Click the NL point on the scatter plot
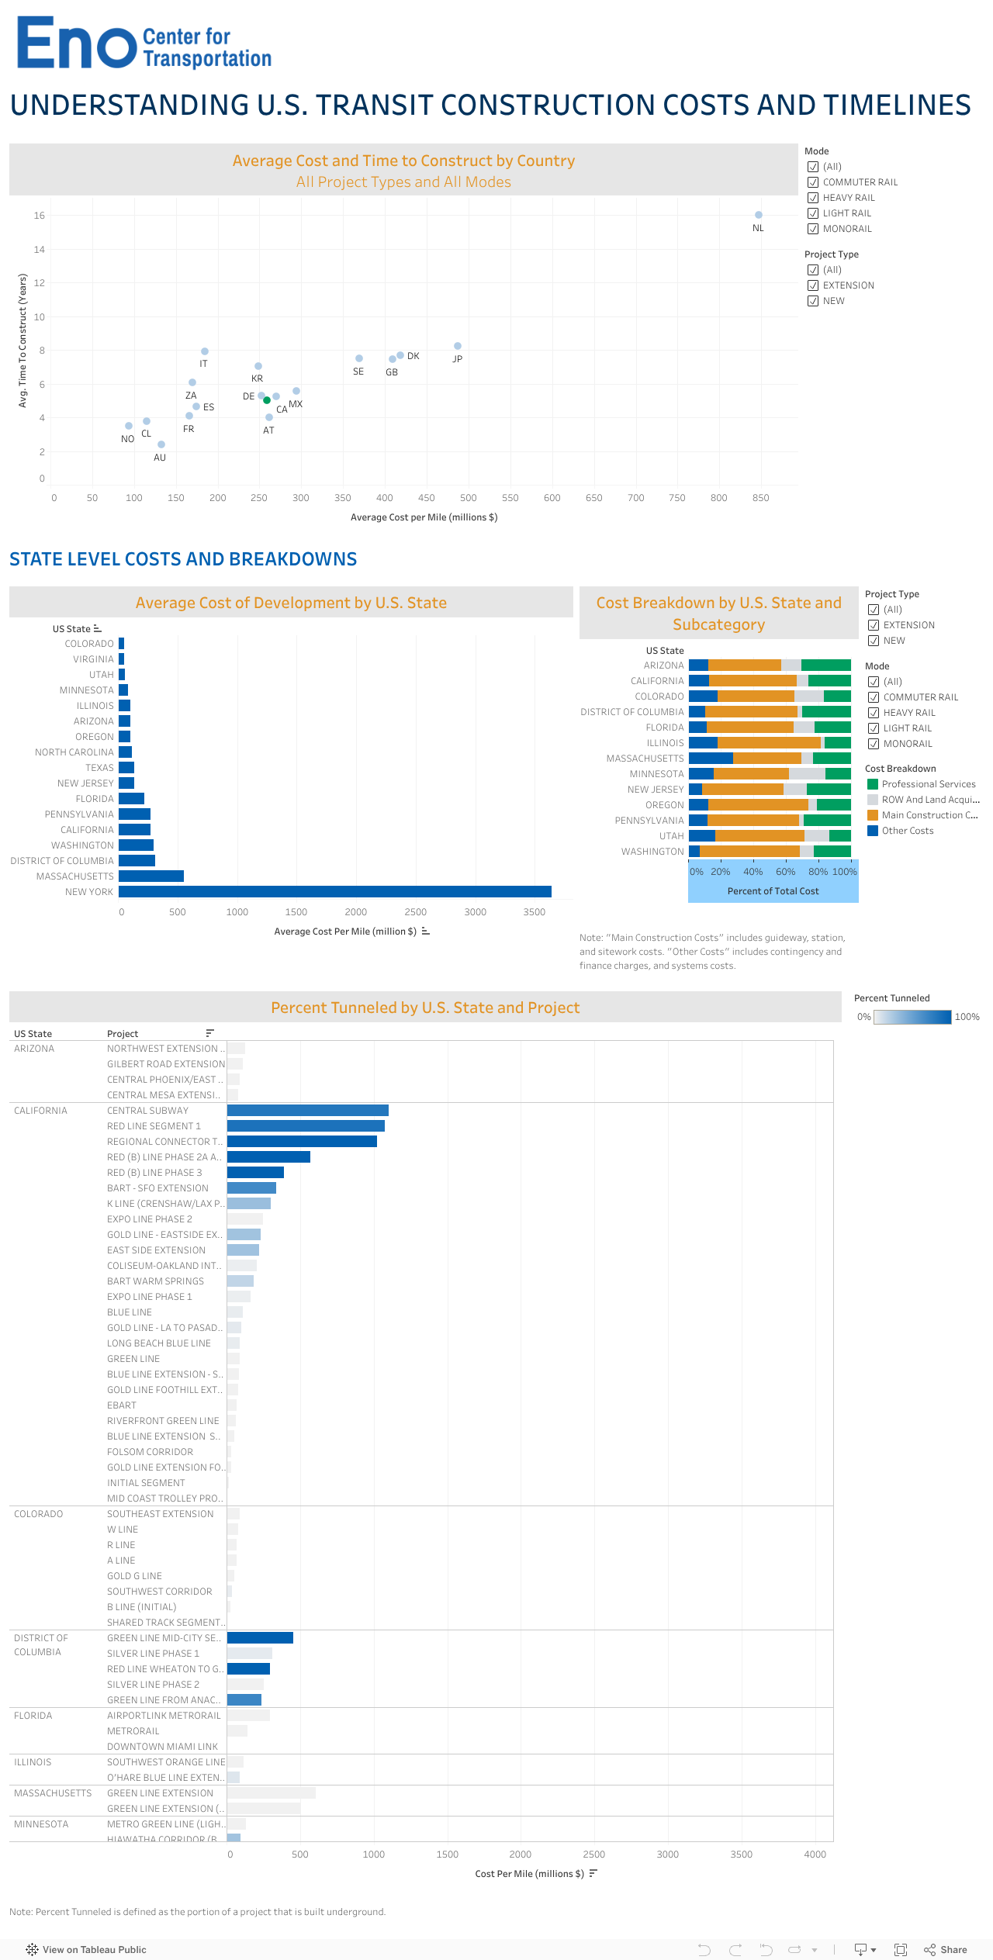[x=759, y=215]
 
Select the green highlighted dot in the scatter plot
[x=267, y=400]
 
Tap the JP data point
[x=458, y=346]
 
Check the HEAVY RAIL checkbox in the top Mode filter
[x=813, y=198]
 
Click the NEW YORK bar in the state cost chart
[x=334, y=892]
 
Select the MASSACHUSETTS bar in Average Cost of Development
[x=151, y=876]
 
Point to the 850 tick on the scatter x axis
[x=760, y=498]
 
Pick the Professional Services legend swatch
[x=873, y=784]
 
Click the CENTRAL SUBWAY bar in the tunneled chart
[x=307, y=1111]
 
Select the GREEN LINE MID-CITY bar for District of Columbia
[x=260, y=1638]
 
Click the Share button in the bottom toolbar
[x=946, y=1950]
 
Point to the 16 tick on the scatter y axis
[x=39, y=216]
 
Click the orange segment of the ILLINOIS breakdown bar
[x=769, y=743]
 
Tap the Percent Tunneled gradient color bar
[x=912, y=1017]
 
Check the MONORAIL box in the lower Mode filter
[x=874, y=744]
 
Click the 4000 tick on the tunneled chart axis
[x=815, y=1855]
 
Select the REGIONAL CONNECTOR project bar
[x=302, y=1142]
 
